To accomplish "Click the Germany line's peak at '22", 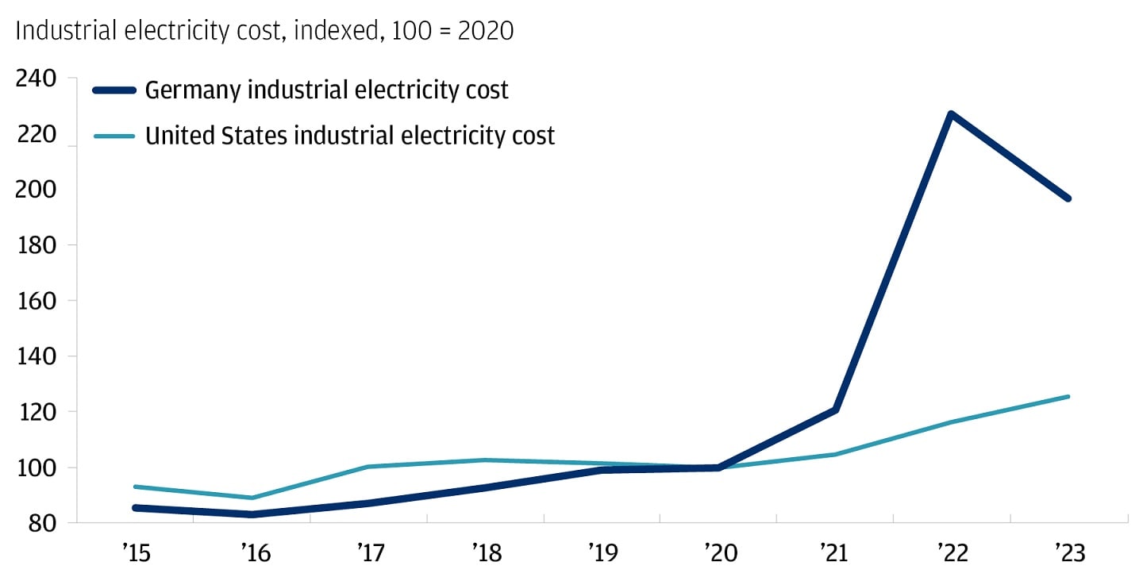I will [951, 114].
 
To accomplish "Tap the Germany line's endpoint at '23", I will [1068, 198].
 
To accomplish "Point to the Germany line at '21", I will [835, 410].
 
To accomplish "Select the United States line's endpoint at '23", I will [1068, 396].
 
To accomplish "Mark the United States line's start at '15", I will [137, 487].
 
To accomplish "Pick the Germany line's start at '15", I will [137, 507].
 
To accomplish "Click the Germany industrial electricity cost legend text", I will [326, 90].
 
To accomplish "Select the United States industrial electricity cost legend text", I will [349, 136].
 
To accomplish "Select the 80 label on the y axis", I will [40, 523].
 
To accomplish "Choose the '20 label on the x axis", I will [718, 552].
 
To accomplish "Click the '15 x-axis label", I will [137, 552].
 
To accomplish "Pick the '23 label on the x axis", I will [1068, 552].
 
